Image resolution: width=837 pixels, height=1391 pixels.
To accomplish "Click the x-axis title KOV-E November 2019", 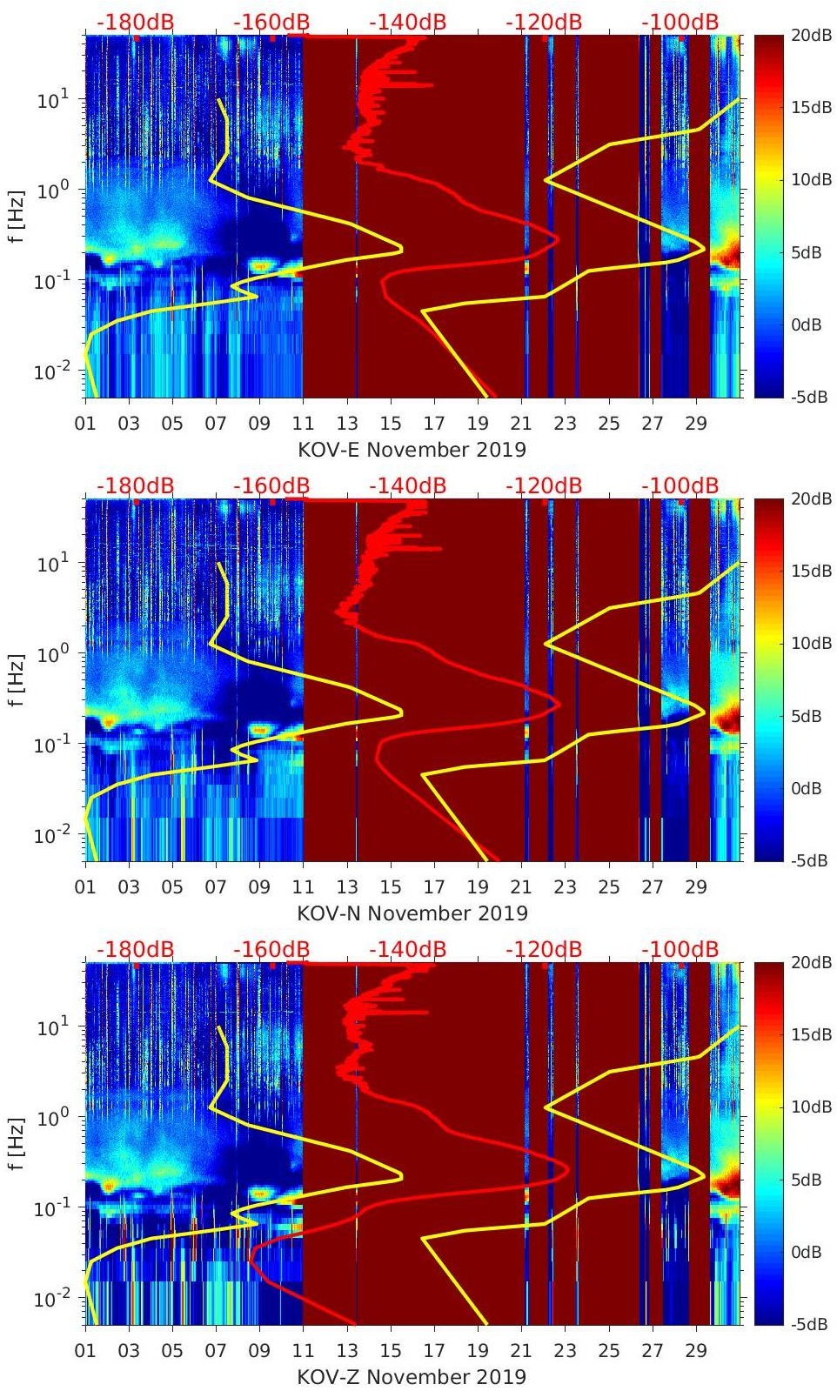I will [412, 450].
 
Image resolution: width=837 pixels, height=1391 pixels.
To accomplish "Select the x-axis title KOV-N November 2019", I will [412, 913].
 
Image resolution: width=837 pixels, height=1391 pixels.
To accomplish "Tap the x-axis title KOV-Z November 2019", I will [412, 1377].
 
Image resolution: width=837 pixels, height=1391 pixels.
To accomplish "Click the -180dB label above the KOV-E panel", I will [135, 22].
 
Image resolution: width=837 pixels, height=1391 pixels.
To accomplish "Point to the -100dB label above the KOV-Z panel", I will [680, 949].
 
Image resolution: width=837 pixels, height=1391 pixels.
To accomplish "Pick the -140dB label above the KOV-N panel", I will [407, 485].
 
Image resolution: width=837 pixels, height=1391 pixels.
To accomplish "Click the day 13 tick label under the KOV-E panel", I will [347, 424].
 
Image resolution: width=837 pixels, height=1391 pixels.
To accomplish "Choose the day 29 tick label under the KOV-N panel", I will [695, 887].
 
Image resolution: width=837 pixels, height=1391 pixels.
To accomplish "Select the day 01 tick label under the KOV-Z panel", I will [85, 1351].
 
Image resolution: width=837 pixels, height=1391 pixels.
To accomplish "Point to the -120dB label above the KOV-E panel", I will [544, 22].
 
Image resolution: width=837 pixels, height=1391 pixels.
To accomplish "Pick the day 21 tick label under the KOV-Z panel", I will [521, 1351].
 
